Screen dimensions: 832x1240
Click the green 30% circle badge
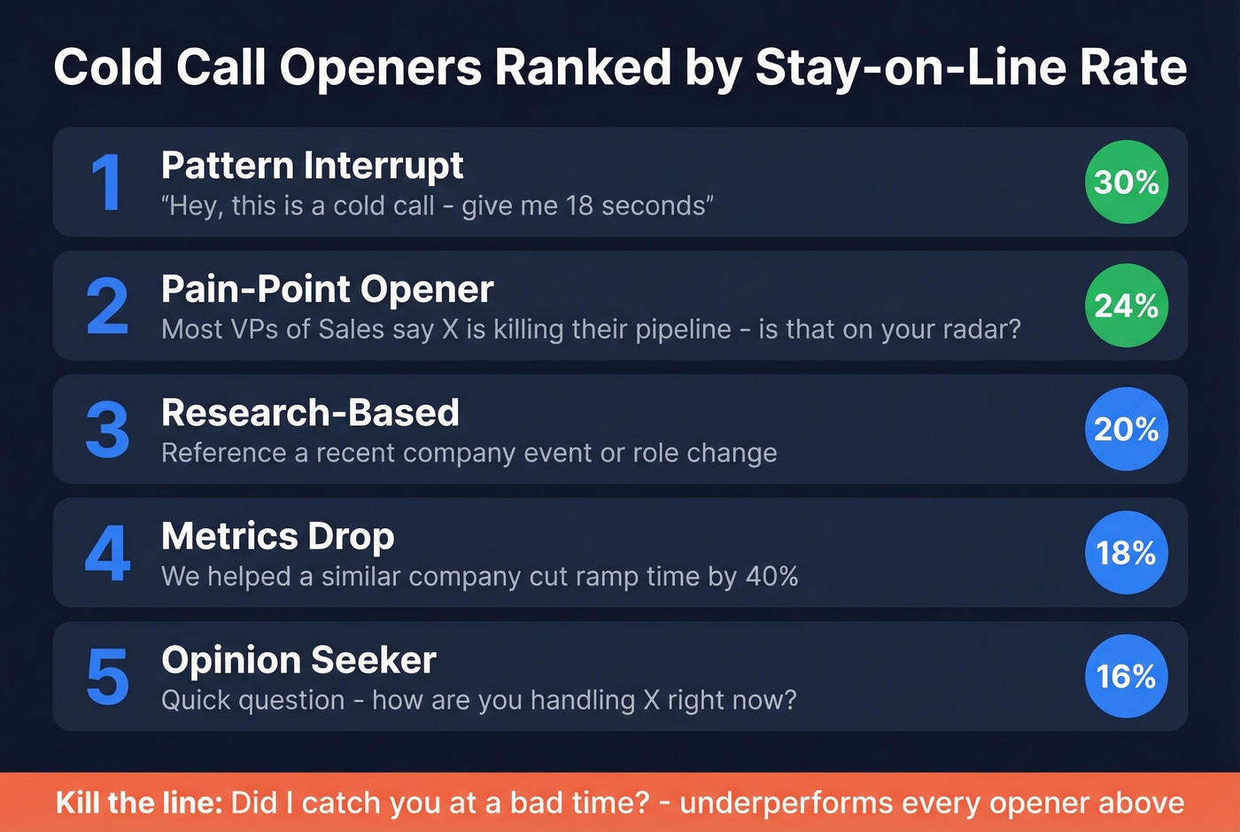click(x=1126, y=183)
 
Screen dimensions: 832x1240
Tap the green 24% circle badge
click(x=1126, y=306)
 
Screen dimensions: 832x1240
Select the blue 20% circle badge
click(x=1126, y=430)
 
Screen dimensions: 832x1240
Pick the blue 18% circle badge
click(x=1126, y=553)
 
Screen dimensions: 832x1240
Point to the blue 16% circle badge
click(x=1126, y=677)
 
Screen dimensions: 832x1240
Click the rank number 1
click(x=107, y=183)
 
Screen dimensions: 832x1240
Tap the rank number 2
click(x=107, y=307)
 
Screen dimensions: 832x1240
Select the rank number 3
click(x=107, y=430)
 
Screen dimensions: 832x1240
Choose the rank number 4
click(x=107, y=554)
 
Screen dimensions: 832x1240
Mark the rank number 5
click(x=107, y=677)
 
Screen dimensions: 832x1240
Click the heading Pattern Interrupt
click(x=312, y=166)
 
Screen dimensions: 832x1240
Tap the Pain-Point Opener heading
click(x=327, y=290)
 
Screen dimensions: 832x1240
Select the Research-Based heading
click(x=310, y=413)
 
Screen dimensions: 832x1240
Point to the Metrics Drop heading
click(x=277, y=536)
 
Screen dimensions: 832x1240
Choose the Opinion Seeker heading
click(x=298, y=660)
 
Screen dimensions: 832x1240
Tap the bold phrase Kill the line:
click(x=138, y=803)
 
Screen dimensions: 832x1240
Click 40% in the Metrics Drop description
click(x=771, y=577)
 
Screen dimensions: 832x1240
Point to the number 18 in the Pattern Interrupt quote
click(x=578, y=206)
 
